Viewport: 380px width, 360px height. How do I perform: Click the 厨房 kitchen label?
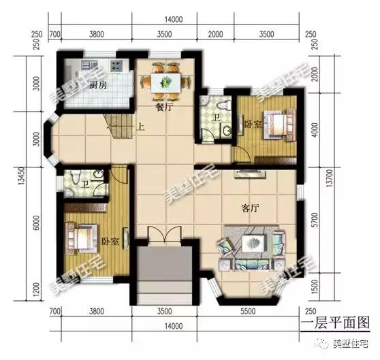click(97, 86)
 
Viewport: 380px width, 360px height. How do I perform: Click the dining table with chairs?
click(163, 82)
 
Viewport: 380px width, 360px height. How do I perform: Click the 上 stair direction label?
click(140, 126)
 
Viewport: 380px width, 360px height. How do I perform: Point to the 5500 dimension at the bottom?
click(256, 313)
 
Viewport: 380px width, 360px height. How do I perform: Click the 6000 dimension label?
click(37, 225)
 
